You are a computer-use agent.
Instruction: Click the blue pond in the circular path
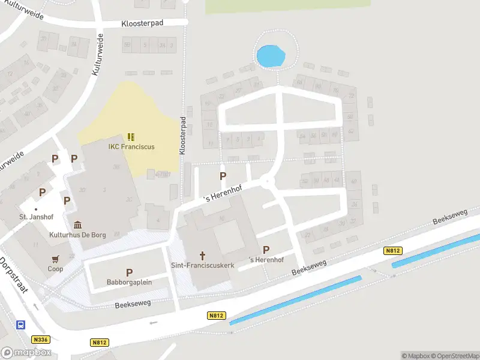[270, 56]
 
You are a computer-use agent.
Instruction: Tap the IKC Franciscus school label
[131, 146]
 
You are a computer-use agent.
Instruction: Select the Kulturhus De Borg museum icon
[78, 224]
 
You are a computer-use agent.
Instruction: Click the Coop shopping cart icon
[56, 259]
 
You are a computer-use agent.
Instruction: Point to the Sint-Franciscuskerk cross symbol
[202, 254]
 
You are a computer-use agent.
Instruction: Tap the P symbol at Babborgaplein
[129, 272]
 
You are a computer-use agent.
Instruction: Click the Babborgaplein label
[129, 282]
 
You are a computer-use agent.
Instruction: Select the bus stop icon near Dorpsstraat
[21, 325]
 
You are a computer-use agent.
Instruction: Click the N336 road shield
[41, 339]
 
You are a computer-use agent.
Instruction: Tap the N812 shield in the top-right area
[393, 251]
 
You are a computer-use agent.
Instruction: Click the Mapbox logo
[26, 353]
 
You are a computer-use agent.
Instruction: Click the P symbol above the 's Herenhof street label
[223, 176]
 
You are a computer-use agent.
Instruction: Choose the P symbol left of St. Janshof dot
[42, 193]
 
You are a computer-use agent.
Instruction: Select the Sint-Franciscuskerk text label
[202, 265]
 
